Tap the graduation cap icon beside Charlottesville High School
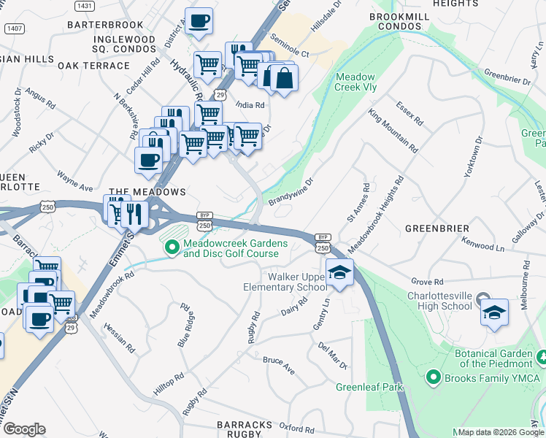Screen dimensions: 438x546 (494, 312)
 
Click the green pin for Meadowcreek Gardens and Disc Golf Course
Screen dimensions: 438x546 (172, 248)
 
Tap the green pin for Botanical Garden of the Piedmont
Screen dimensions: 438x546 (541, 358)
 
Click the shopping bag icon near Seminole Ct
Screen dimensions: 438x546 (285, 77)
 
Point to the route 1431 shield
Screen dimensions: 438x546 (85, 6)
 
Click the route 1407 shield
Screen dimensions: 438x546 (13, 28)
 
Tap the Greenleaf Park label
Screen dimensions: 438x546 (369, 387)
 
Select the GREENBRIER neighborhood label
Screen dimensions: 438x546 (438, 228)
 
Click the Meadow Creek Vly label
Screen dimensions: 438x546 (355, 82)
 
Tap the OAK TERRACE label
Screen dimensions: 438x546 (93, 66)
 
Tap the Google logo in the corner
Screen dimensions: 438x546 (24, 429)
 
